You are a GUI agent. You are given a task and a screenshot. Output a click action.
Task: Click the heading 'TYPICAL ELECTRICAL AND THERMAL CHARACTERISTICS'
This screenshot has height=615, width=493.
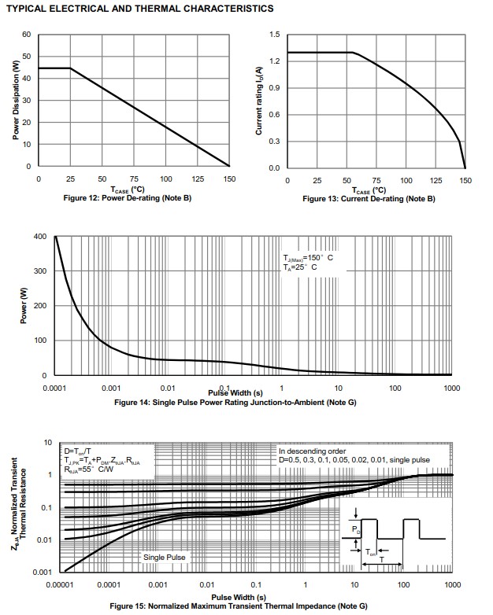tap(139, 9)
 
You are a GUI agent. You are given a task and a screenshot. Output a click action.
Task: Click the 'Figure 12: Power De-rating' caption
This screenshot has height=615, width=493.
tap(128, 198)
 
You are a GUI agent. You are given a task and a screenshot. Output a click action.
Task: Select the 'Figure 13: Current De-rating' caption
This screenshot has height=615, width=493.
tap(369, 199)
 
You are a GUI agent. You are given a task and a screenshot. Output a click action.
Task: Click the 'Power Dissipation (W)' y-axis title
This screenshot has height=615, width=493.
tap(17, 101)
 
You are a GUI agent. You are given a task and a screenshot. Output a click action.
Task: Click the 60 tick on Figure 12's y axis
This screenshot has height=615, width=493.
tap(26, 35)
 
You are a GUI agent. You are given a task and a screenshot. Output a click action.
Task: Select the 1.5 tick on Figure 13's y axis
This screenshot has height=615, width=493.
tap(274, 35)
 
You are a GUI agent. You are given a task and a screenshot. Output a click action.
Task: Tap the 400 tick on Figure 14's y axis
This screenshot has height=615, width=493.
tap(40, 236)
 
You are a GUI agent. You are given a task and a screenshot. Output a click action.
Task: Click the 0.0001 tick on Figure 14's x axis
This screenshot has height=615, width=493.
tap(54, 389)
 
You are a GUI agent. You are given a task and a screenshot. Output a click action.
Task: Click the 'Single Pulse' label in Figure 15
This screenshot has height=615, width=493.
tap(164, 557)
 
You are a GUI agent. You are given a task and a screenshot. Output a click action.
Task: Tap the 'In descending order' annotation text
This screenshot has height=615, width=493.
tap(312, 449)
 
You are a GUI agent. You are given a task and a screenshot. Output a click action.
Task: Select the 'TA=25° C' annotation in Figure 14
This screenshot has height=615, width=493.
tap(301, 267)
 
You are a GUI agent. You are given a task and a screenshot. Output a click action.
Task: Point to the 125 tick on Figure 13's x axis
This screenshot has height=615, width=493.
tap(436, 180)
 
